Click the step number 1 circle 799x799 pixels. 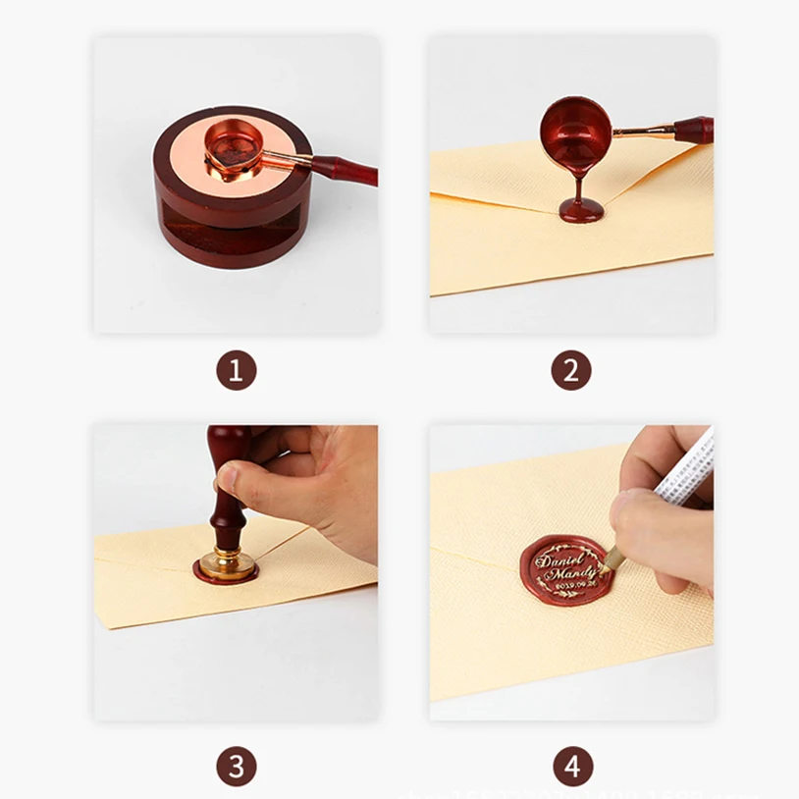[x=236, y=372]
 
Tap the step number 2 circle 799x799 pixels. [x=570, y=372]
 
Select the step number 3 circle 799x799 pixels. [x=236, y=765]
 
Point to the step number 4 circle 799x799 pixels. [x=570, y=765]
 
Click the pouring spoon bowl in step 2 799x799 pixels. [x=575, y=129]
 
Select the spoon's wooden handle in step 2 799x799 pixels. [x=692, y=129]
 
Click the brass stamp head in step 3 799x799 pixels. [x=225, y=562]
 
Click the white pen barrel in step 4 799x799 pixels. [x=682, y=471]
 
